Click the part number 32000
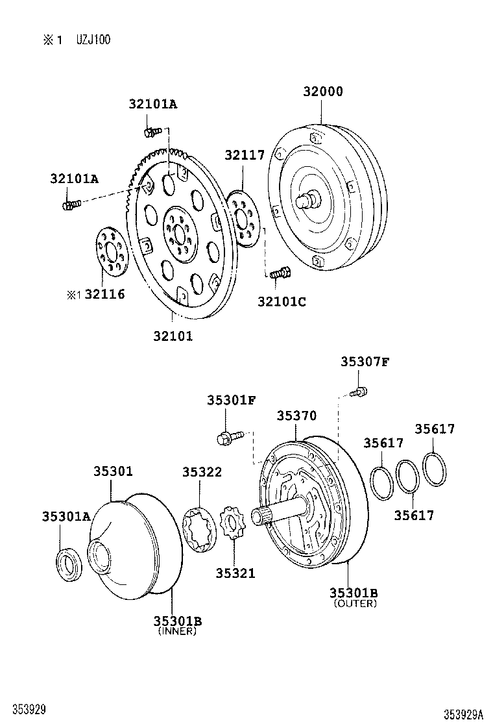click(322, 92)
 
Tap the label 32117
click(245, 155)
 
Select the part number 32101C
click(282, 301)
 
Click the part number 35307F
click(365, 362)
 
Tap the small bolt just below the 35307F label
click(359, 392)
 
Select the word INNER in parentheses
click(177, 631)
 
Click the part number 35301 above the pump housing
click(112, 471)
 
